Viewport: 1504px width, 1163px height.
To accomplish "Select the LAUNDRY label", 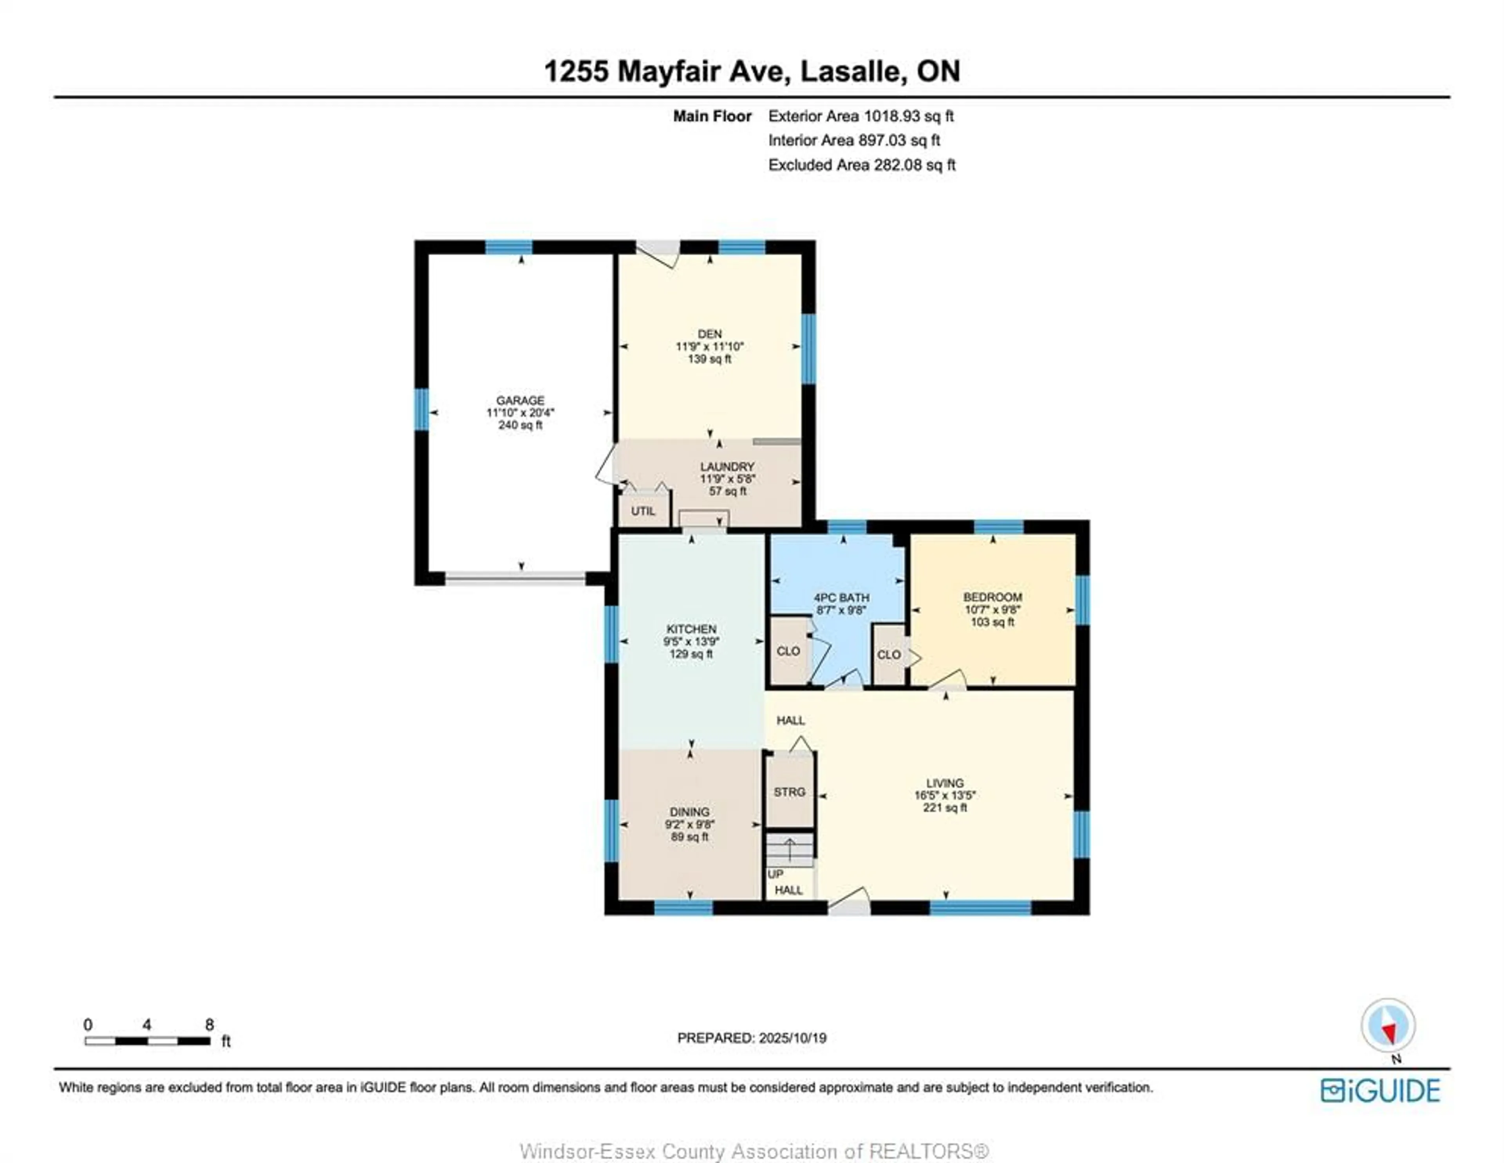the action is (727, 466).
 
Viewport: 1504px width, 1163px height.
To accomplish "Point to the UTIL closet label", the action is (643, 511).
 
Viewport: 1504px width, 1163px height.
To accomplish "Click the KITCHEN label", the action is (691, 628).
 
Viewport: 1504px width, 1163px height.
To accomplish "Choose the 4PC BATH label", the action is (842, 597).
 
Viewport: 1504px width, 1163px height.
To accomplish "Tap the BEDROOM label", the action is (992, 597).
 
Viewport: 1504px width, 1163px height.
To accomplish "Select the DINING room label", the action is (689, 812).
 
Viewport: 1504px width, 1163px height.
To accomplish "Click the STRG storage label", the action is (789, 792).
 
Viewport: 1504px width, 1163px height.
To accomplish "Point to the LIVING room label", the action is (945, 783).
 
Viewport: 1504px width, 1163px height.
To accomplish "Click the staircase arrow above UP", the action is (790, 851).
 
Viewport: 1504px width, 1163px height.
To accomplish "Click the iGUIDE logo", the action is (1380, 1091).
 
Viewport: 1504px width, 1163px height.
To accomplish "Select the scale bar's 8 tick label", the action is (210, 1025).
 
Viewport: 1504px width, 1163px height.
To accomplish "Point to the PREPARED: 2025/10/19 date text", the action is (752, 1038).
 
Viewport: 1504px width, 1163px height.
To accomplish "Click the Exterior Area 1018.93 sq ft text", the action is (861, 116).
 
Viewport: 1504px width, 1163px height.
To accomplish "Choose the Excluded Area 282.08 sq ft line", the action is (862, 164).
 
